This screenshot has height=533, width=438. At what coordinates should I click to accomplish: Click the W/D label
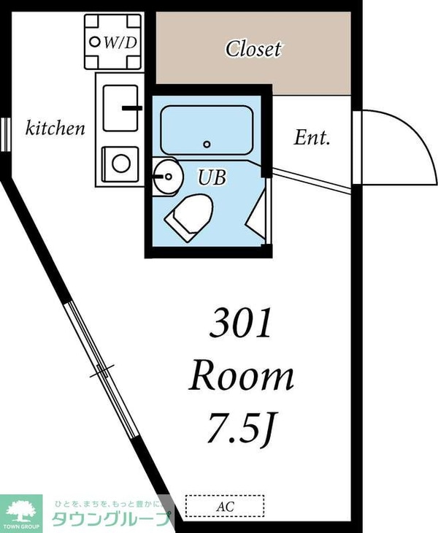(x=120, y=42)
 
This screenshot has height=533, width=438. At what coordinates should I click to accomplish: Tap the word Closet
(x=253, y=49)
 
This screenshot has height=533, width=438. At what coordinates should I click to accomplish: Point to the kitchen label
(x=55, y=129)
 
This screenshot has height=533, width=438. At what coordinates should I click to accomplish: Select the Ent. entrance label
(x=312, y=138)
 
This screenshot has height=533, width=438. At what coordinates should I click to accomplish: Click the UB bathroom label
(x=212, y=177)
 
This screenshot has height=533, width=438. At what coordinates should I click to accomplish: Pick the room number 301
(x=241, y=322)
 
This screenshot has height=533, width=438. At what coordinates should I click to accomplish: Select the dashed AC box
(x=225, y=506)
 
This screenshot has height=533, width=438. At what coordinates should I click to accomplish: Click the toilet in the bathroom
(x=189, y=217)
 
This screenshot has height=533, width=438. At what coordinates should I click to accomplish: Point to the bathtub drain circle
(x=207, y=144)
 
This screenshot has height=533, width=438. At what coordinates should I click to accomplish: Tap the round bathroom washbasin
(x=168, y=177)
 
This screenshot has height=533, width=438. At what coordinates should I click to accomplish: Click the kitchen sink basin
(x=120, y=108)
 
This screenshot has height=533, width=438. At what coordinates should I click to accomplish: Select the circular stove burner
(x=121, y=163)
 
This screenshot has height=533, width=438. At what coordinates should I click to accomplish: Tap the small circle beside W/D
(x=95, y=42)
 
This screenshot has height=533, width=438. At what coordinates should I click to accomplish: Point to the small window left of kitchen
(x=5, y=134)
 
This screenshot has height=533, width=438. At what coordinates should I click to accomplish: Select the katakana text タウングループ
(x=111, y=518)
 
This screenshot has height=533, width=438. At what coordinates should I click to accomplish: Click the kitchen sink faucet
(x=132, y=108)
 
